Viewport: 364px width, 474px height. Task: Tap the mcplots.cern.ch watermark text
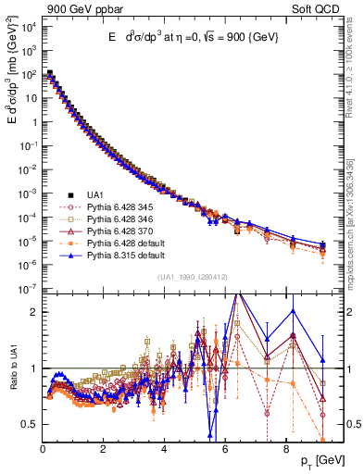point(357,213)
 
